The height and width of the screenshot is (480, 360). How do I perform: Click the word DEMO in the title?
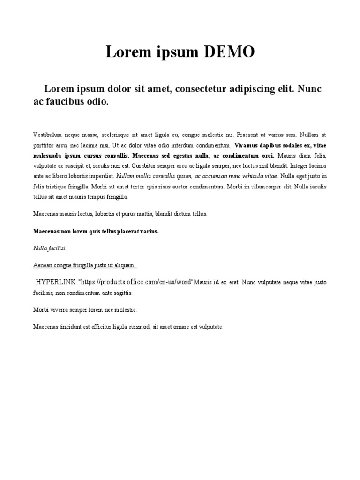pos(229,52)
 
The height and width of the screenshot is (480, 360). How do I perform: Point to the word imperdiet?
pos(102,176)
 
